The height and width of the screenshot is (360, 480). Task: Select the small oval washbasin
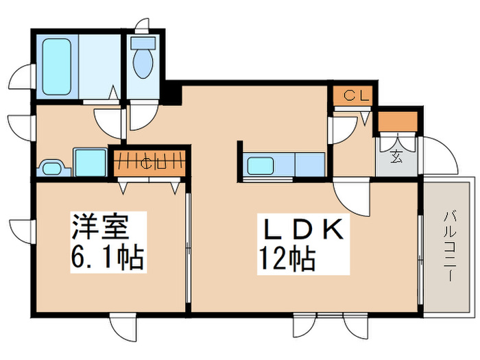click(x=51, y=167)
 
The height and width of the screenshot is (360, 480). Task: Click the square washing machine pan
click(x=89, y=163)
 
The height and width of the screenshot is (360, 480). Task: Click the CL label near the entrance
click(x=352, y=96)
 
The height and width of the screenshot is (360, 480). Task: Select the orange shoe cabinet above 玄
click(x=398, y=121)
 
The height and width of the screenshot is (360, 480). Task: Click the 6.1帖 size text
click(x=106, y=259)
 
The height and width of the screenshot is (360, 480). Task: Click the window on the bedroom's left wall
click(x=22, y=230)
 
